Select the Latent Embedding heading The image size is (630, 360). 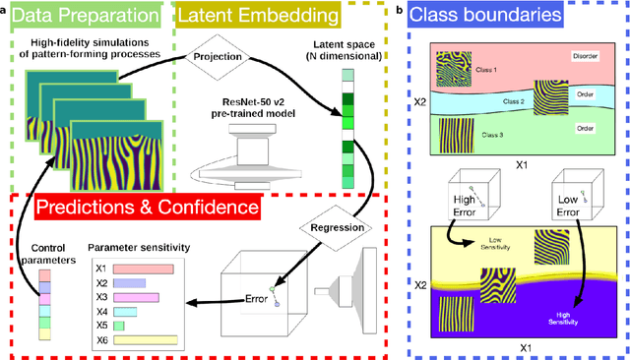coord(261,17)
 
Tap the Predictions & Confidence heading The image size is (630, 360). coord(146,208)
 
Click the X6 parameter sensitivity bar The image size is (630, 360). coord(146,339)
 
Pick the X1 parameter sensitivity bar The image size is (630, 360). coord(143,269)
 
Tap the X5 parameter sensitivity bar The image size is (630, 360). coord(119,325)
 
